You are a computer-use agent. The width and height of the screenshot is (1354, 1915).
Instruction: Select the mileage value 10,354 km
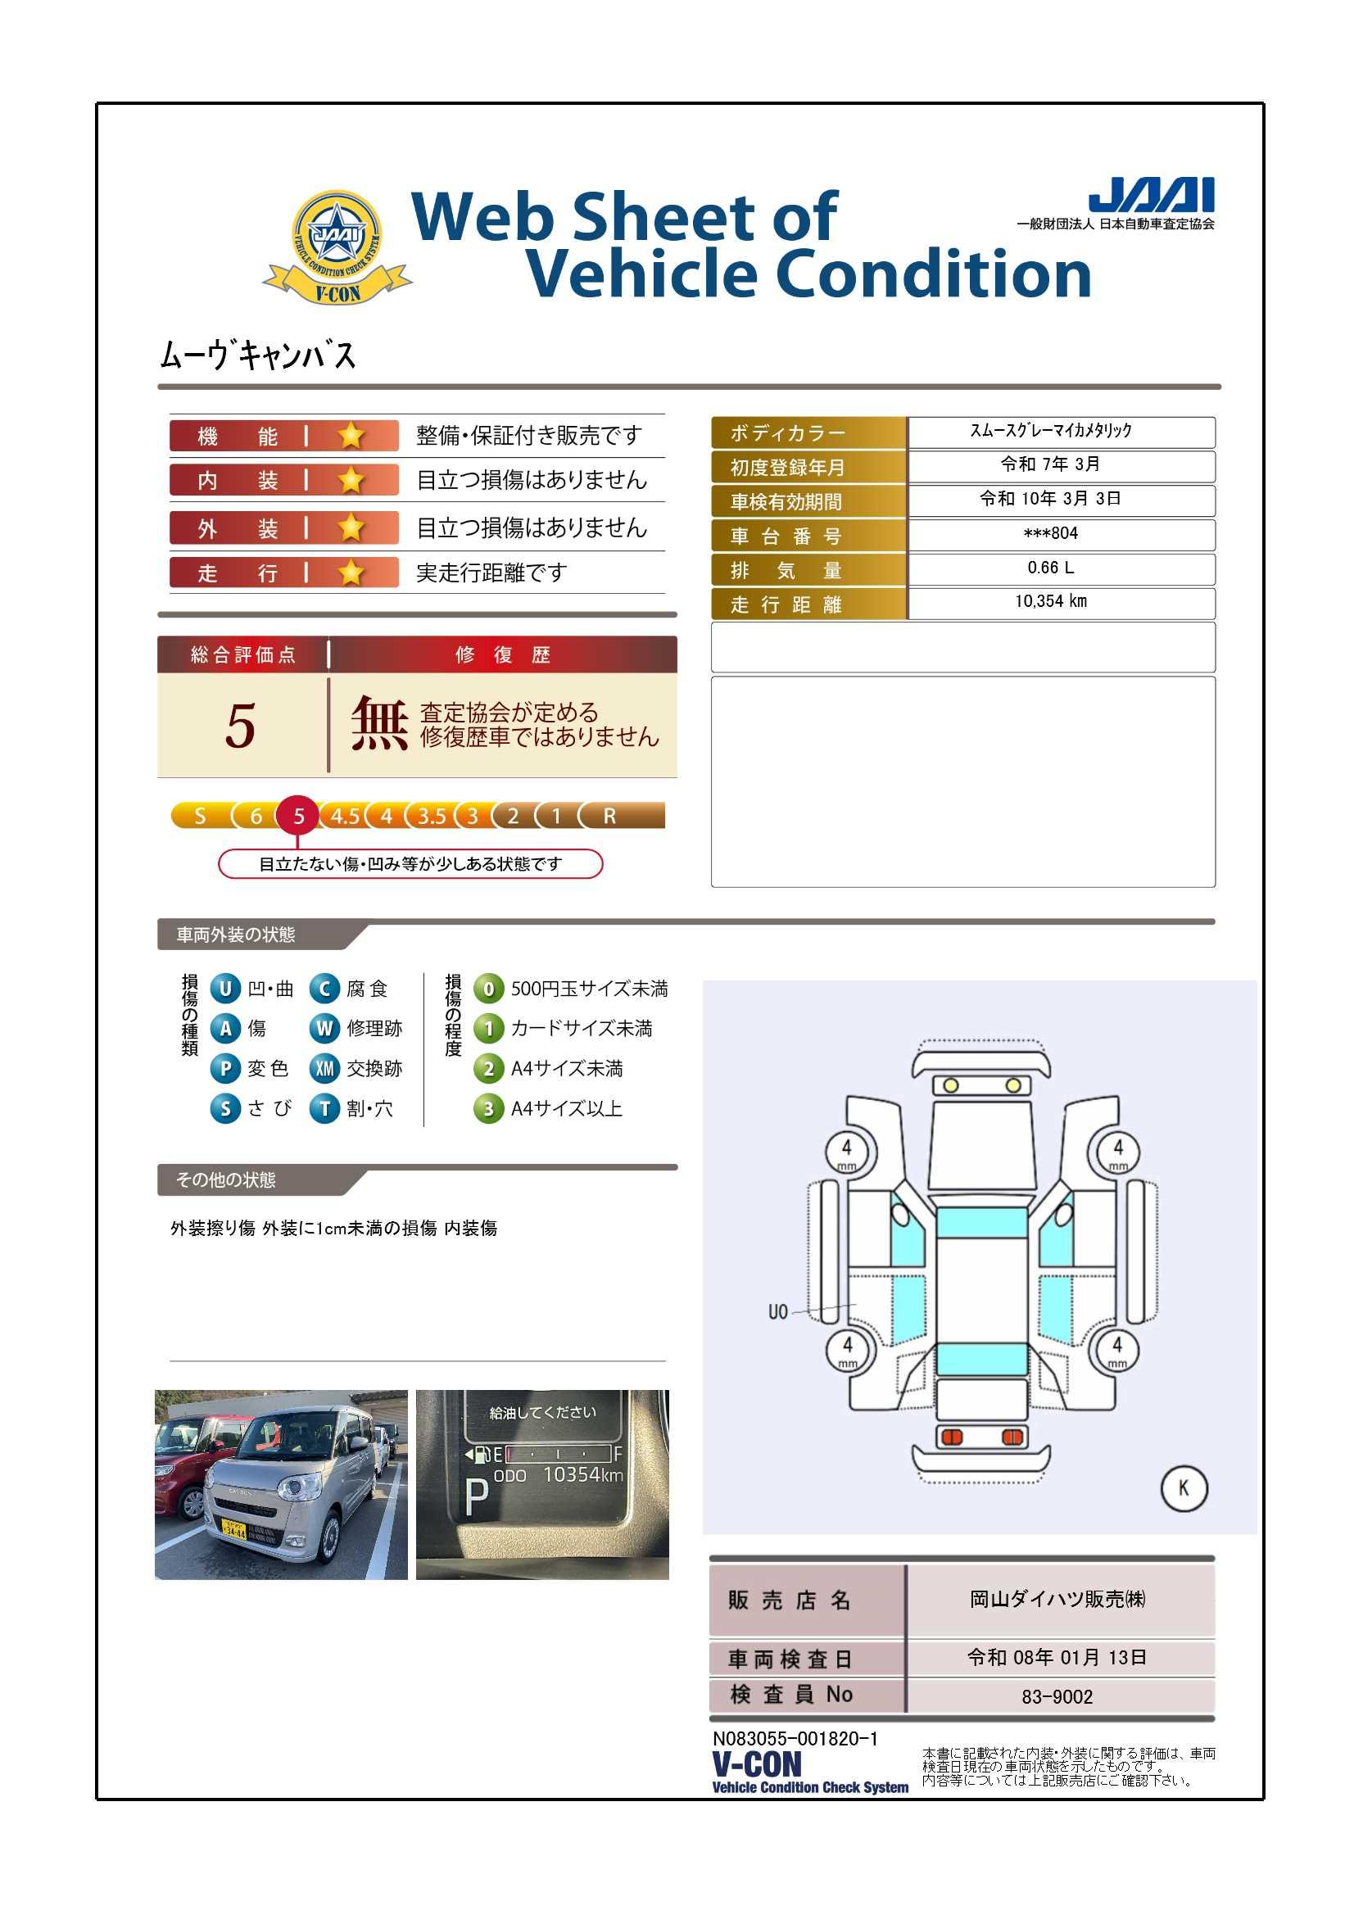point(1050,601)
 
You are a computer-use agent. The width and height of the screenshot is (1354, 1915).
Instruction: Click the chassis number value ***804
point(1050,533)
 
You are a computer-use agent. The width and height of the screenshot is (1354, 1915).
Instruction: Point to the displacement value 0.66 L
point(1050,567)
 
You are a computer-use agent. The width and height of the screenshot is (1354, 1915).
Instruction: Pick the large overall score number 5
point(240,725)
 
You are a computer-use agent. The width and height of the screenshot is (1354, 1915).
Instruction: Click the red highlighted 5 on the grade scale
point(298,816)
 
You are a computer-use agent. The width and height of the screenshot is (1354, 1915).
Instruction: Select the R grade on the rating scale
point(610,816)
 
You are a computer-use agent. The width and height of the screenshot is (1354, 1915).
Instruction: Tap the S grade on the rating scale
point(199,816)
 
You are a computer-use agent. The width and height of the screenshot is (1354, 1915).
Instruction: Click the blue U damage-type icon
point(225,989)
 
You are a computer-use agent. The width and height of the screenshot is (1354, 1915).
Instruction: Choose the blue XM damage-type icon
point(324,1068)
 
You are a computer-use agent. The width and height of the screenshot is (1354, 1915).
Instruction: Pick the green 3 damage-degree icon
point(489,1108)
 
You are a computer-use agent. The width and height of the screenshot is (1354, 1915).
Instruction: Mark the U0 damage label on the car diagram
point(777,1312)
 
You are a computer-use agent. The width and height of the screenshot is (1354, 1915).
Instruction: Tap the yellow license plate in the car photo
point(233,1528)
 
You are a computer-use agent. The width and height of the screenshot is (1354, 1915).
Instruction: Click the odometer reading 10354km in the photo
point(582,1474)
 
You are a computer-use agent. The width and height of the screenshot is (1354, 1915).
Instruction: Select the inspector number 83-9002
point(1057,1696)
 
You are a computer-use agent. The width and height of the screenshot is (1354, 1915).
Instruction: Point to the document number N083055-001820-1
point(795,1739)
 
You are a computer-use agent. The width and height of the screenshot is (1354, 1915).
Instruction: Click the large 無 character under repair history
point(379,724)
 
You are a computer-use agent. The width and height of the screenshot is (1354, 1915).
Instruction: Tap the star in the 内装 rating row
point(351,480)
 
